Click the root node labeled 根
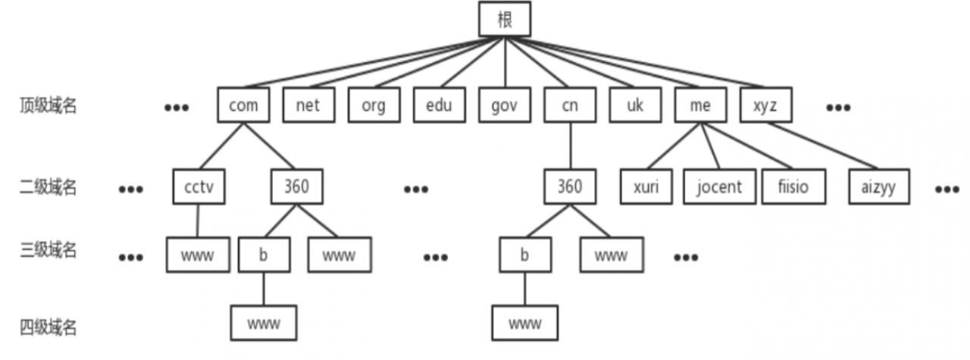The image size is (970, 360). (x=505, y=20)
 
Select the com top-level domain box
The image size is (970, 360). (x=242, y=106)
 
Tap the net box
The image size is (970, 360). (x=308, y=106)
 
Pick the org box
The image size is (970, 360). (x=374, y=106)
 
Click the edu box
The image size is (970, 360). (x=439, y=106)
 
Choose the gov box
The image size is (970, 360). (x=504, y=106)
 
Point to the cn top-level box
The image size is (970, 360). (x=570, y=106)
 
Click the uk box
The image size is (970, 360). (x=635, y=106)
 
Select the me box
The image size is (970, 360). (x=701, y=106)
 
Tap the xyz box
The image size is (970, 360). (x=765, y=106)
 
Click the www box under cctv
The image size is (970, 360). (x=199, y=255)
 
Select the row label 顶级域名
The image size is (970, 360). (x=48, y=106)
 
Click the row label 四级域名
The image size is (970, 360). (x=48, y=327)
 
